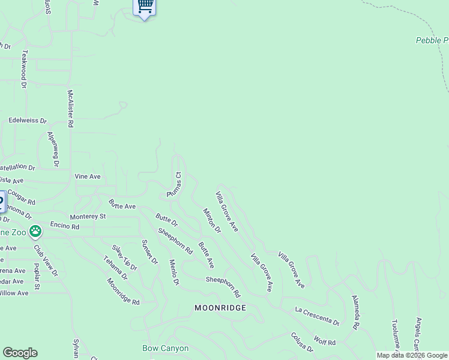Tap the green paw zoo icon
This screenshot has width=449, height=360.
coord(35,230)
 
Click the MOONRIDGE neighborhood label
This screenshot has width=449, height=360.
coord(220,307)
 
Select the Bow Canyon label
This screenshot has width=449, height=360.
coord(166,348)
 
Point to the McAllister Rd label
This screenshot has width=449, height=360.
coord(70,109)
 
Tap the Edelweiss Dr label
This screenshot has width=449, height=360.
coord(28,121)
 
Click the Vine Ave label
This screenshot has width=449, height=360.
coord(87,176)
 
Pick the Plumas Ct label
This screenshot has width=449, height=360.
coord(174,184)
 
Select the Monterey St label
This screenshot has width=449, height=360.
coord(88,216)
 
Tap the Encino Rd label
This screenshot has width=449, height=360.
coord(65,227)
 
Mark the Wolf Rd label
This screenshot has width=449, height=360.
coord(324,342)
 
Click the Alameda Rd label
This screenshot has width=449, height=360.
coord(355,312)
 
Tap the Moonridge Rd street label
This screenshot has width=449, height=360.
coord(123,292)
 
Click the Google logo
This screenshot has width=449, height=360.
coord(20,353)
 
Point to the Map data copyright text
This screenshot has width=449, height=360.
coord(412,355)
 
